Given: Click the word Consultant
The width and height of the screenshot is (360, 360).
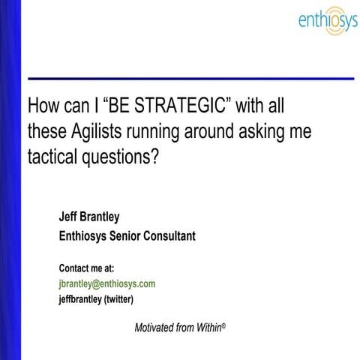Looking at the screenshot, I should [x=171, y=236].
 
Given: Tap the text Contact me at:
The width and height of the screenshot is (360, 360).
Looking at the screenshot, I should [x=86, y=268].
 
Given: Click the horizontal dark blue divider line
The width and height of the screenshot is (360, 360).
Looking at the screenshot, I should [x=187, y=78].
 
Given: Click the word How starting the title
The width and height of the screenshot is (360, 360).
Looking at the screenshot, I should [x=42, y=102].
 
